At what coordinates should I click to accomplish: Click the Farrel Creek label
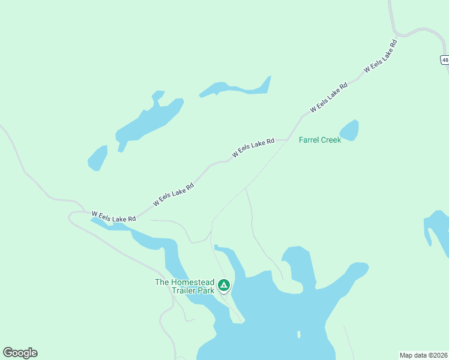coord(320,140)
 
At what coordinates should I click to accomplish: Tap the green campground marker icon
coord(224,285)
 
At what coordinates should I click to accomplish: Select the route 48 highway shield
coord(444,60)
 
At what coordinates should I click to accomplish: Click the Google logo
coord(20,353)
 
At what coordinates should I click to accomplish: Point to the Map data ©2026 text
coord(424,355)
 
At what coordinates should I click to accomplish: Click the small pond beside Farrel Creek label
coord(349,130)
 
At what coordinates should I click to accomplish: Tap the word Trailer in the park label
coord(184,290)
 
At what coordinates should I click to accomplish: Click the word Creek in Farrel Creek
coord(331,140)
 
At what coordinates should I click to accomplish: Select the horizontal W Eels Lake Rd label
coord(113,216)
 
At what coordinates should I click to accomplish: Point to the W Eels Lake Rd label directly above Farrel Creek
coord(329,97)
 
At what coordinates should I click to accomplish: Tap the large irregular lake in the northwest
coord(147,122)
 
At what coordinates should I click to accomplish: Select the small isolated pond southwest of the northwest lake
coord(97,158)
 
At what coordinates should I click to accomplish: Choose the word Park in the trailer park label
coord(205,290)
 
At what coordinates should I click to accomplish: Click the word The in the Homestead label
coord(163,281)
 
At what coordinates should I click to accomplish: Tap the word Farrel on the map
coord(309,140)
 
